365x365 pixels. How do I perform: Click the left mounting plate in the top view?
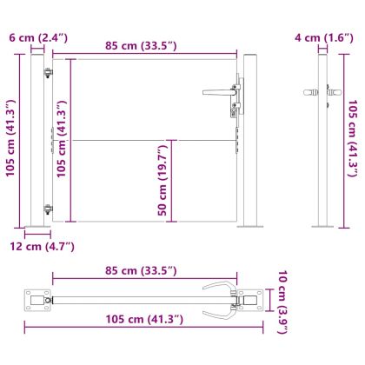pyautogui.click(x=38, y=299)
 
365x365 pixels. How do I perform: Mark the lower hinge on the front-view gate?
pyautogui.click(x=48, y=184)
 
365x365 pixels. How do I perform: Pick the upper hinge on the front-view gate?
pyautogui.click(x=48, y=73)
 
